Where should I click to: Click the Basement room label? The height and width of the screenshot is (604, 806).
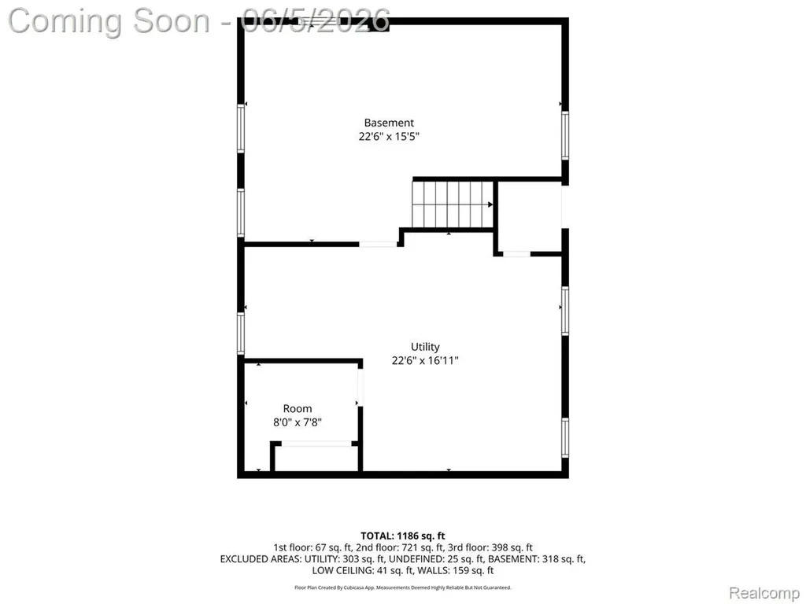pyautogui.click(x=389, y=123)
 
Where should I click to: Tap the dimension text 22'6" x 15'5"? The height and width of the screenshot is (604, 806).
pyautogui.click(x=389, y=136)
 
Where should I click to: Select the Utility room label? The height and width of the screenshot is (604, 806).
pyautogui.click(x=425, y=347)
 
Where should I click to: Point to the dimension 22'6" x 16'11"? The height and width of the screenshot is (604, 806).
pyautogui.click(x=425, y=360)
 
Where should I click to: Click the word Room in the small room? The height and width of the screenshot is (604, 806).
pyautogui.click(x=297, y=409)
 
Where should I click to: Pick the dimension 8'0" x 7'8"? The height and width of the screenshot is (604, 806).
pyautogui.click(x=297, y=422)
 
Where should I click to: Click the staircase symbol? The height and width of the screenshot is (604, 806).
pyautogui.click(x=453, y=204)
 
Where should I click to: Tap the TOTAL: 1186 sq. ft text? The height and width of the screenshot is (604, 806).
pyautogui.click(x=402, y=536)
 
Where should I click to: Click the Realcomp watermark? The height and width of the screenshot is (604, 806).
pyautogui.click(x=763, y=593)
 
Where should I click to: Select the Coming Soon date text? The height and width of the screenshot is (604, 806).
pyautogui.click(x=199, y=21)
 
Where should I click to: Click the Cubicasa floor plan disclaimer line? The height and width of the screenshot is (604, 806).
pyautogui.click(x=402, y=587)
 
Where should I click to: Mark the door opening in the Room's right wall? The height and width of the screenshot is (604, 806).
pyautogui.click(x=360, y=387)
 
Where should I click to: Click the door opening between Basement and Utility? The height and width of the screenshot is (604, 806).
pyautogui.click(x=378, y=244)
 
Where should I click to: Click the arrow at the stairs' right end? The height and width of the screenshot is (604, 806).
pyautogui.click(x=490, y=204)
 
